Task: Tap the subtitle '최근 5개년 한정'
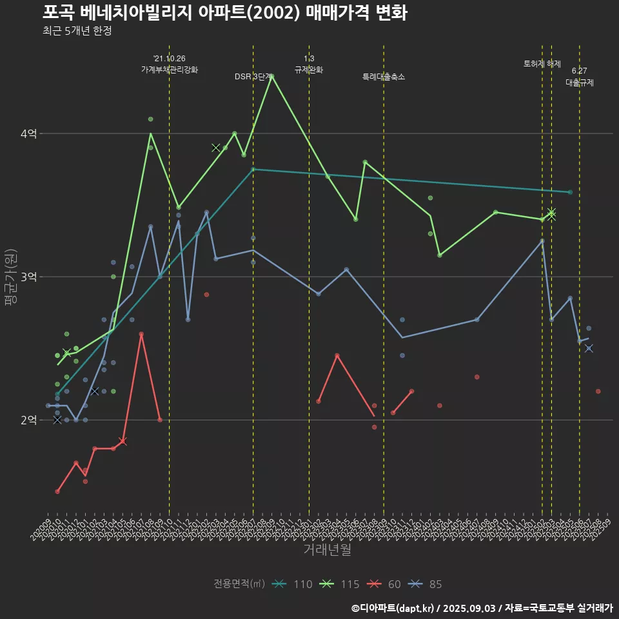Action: pos(77,31)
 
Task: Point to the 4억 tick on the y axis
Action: pos(28,133)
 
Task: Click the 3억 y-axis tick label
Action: pos(28,277)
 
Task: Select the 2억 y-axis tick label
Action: pos(28,420)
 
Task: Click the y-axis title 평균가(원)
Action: pos(10,277)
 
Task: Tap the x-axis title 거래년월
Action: pos(327,549)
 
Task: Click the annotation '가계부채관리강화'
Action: pos(170,69)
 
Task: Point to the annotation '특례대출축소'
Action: pos(384,76)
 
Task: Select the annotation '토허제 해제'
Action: pos(542,63)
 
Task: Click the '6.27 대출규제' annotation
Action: pos(580,77)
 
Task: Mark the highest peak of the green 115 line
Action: pos(272,76)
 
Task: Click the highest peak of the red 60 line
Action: pos(141,334)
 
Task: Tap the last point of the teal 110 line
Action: pos(570,192)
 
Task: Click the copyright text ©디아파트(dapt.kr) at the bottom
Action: pos(393,607)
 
